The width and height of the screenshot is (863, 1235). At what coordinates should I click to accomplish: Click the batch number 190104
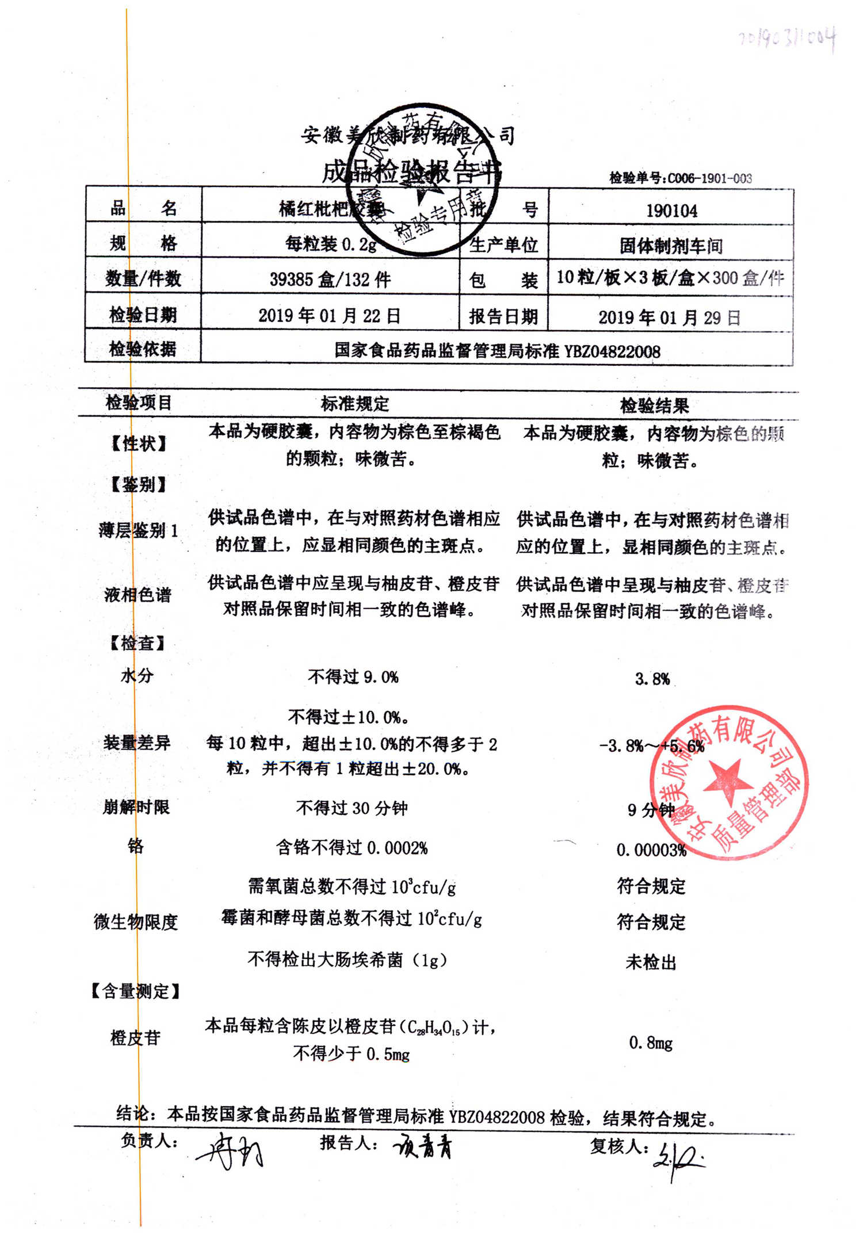[x=671, y=211]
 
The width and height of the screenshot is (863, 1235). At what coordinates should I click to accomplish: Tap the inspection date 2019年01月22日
[x=329, y=316]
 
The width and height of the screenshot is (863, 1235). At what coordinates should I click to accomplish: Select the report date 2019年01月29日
[x=669, y=318]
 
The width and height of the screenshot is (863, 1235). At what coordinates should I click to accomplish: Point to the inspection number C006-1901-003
[x=681, y=178]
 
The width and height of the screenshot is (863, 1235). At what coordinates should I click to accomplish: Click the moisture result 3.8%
[x=652, y=679]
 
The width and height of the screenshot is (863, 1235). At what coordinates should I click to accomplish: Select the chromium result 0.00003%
[x=651, y=850]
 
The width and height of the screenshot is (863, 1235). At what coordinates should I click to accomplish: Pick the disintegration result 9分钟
[x=651, y=810]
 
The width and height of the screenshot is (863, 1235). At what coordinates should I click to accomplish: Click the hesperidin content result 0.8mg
[x=651, y=1043]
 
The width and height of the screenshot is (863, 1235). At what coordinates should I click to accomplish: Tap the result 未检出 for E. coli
[x=651, y=962]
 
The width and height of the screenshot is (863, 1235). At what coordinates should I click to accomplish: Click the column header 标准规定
[x=355, y=404]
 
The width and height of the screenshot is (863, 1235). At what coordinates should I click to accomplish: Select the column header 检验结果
[x=654, y=406]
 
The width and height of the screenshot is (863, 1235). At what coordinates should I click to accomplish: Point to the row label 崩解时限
[x=136, y=808]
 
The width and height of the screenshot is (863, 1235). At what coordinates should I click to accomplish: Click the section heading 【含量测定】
[x=136, y=991]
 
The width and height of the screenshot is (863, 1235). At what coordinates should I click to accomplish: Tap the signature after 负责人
[x=230, y=1150]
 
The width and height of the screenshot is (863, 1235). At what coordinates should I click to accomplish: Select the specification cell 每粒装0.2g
[x=331, y=244]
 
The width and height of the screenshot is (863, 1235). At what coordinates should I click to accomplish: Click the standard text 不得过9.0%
[x=353, y=677]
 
